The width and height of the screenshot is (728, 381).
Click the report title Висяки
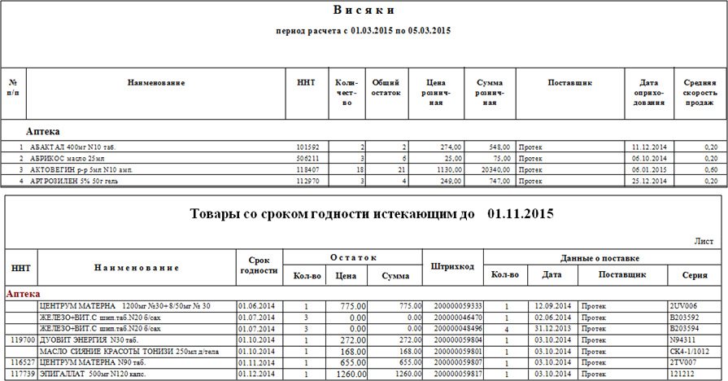pyautogui.click(x=364, y=11)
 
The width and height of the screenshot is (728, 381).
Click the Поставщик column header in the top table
pyautogui.click(x=569, y=83)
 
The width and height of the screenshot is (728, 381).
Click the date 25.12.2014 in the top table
pyautogui.click(x=649, y=181)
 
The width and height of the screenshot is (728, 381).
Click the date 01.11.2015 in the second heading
pyautogui.click(x=521, y=214)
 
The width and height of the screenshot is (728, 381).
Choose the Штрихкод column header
pyautogui.click(x=452, y=266)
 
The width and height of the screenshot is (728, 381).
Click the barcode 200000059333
pyautogui.click(x=452, y=305)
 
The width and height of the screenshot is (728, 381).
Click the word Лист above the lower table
pyautogui.click(x=704, y=241)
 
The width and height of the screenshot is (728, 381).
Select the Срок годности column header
pyautogui.click(x=259, y=265)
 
